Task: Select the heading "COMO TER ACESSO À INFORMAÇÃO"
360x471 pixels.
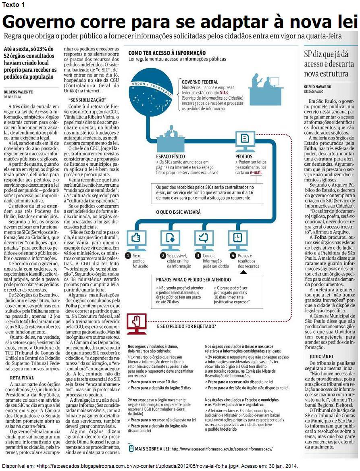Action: pos(166,53)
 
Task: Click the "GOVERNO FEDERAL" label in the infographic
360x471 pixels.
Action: pos(200,82)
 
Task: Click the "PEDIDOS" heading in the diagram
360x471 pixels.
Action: pos(244,156)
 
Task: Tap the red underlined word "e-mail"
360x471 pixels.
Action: pos(256,172)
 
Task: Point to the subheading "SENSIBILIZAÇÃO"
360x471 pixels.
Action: pos(87,100)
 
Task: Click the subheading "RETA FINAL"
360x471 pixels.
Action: pos(22,378)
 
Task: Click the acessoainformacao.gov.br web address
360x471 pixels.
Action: pos(222,448)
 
